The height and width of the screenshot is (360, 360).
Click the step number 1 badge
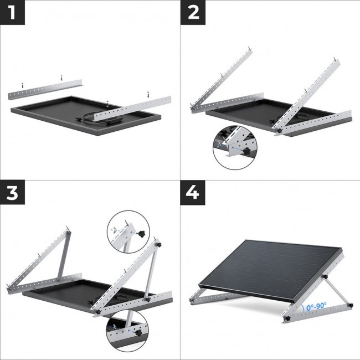tap(12, 12)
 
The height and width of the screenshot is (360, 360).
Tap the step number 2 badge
tap(193, 12)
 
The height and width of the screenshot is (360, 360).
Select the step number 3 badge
tap(12, 193)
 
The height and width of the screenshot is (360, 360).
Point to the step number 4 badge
tap(193, 193)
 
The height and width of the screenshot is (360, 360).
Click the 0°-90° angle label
tap(315, 306)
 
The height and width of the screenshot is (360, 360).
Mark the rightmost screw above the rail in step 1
tap(148, 95)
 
